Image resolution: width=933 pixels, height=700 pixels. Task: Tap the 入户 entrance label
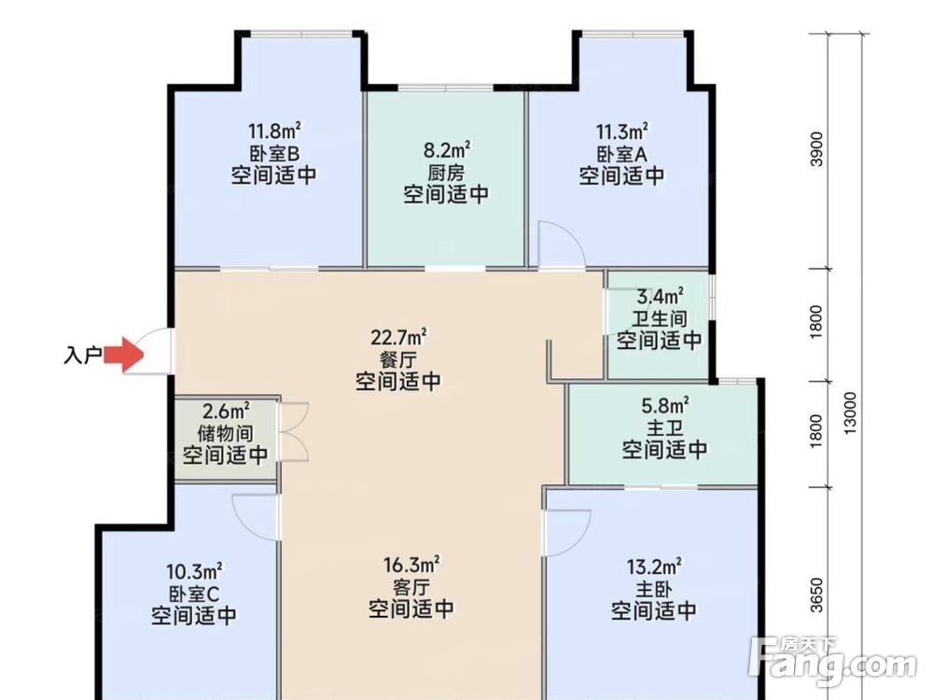(83, 356)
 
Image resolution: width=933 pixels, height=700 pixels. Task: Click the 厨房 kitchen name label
(446, 173)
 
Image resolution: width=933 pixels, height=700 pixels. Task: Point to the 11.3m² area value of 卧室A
(621, 131)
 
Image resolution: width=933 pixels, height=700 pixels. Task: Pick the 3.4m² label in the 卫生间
(659, 298)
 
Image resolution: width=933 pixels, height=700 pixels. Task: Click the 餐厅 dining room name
(398, 359)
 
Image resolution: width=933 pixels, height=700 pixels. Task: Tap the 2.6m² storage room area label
(225, 412)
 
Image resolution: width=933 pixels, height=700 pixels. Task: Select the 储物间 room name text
(225, 433)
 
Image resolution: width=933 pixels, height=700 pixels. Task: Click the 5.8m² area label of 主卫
(664, 406)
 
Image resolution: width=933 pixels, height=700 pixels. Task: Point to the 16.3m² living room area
(411, 566)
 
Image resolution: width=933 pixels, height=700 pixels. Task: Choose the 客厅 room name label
(411, 587)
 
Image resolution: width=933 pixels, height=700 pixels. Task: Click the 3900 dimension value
(817, 150)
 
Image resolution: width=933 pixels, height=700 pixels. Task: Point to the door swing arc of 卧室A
(566, 245)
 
